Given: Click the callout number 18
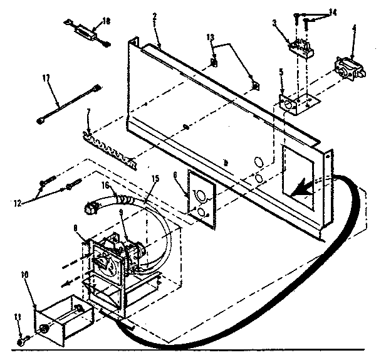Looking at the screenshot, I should tap(106, 21).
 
